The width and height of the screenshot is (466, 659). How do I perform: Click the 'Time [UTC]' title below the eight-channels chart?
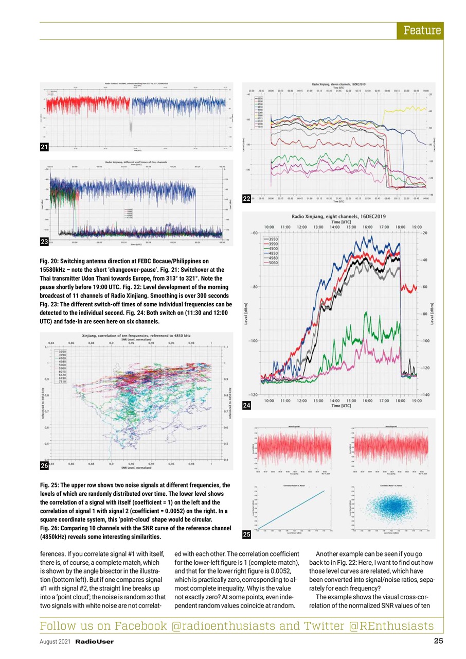click(342, 406)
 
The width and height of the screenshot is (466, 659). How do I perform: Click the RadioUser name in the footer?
click(95, 642)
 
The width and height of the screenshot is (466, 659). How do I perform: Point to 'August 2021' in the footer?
click(56, 642)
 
